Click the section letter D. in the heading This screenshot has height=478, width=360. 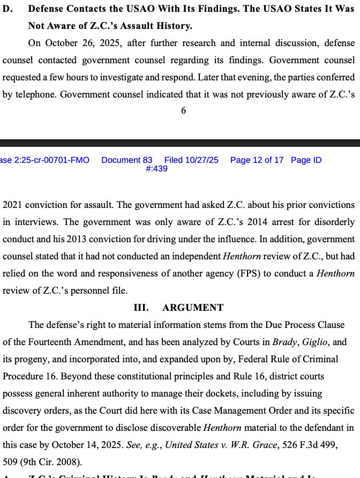9,9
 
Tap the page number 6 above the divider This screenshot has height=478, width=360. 183,110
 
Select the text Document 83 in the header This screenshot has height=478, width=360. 127,160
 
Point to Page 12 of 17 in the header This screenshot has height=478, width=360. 257,160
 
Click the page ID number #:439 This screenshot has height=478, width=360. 156,168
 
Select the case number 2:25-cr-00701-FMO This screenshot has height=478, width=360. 46,160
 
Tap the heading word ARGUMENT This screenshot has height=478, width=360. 193,308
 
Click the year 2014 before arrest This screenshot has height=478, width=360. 191,222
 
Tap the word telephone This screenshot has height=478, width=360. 35,95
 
